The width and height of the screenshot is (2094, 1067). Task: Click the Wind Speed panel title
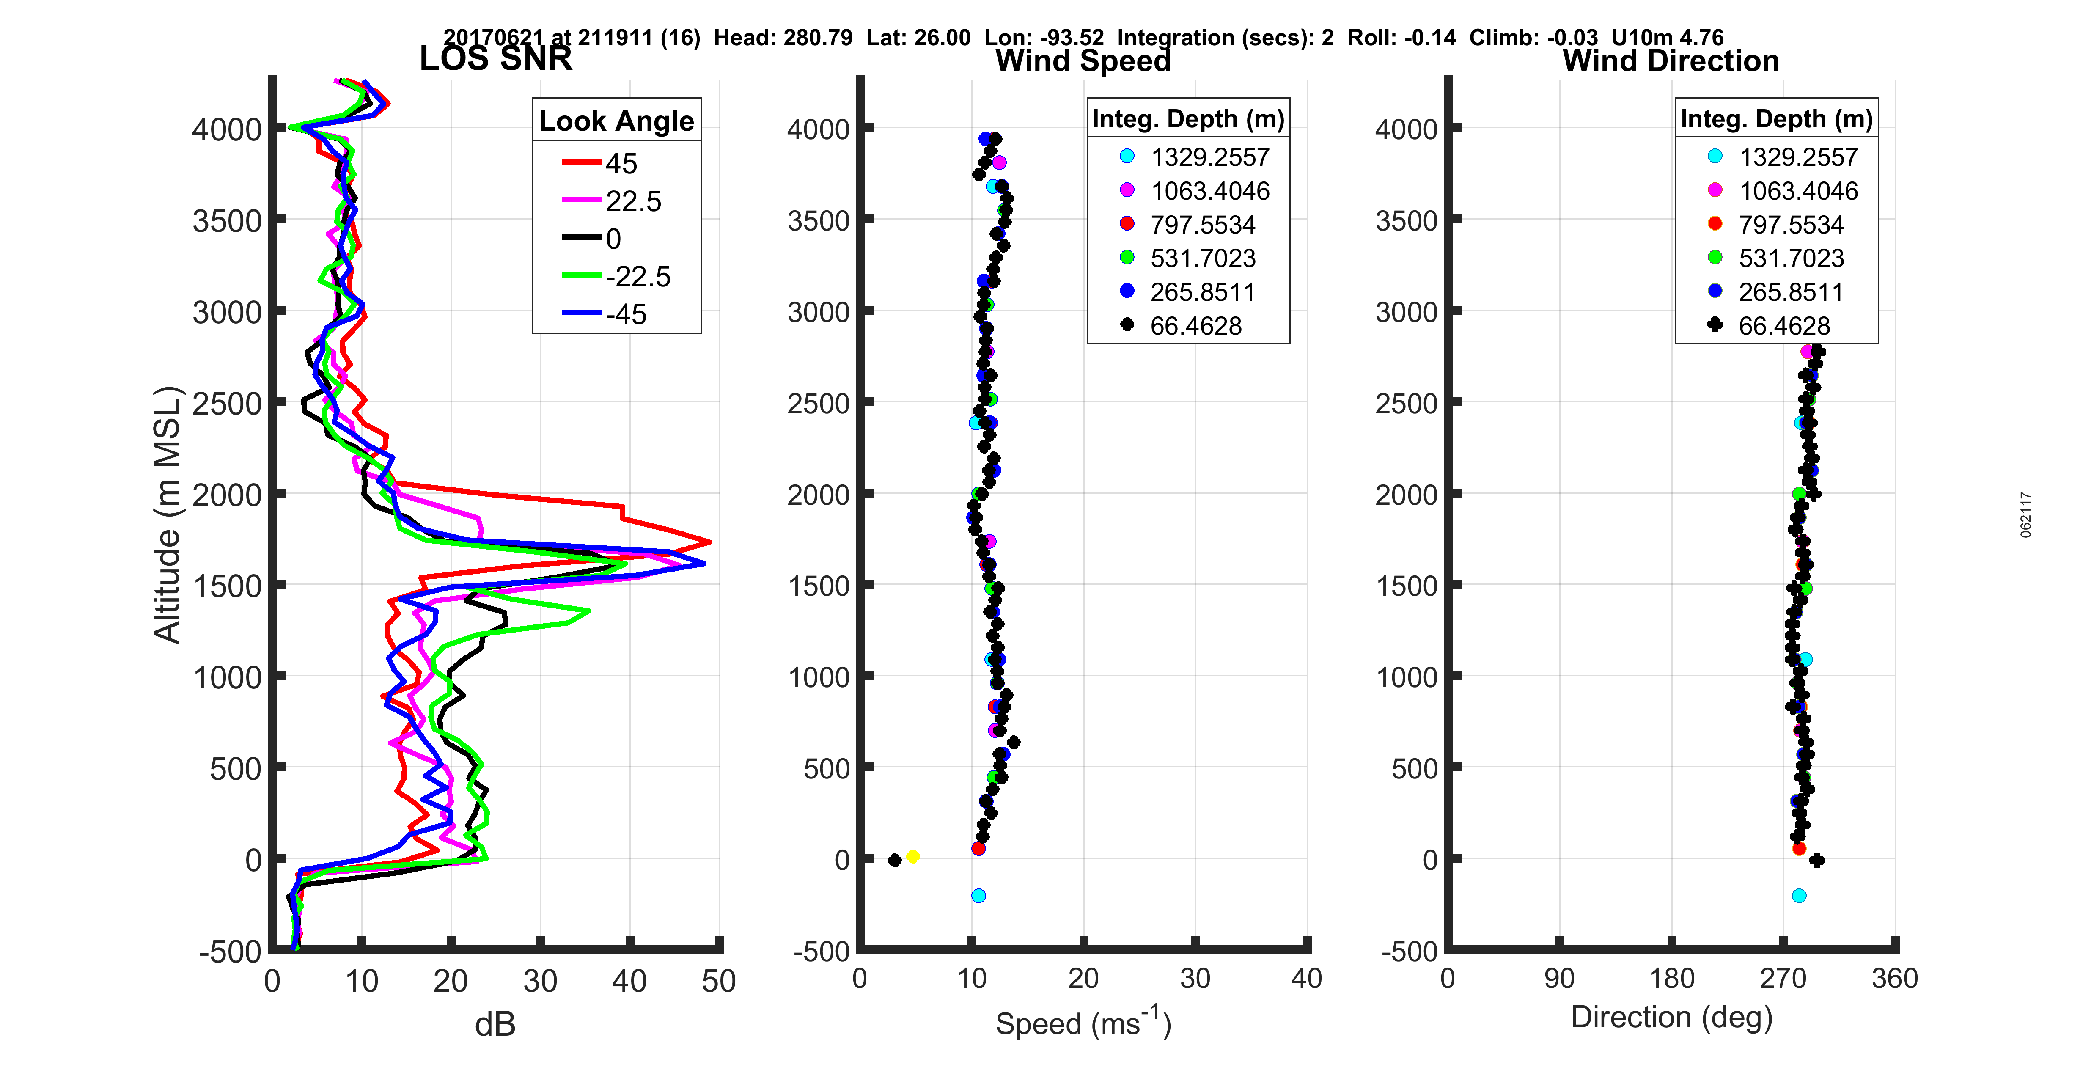(1083, 61)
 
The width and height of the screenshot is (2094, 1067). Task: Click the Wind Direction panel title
(1671, 61)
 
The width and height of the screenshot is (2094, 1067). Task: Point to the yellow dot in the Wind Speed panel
(913, 856)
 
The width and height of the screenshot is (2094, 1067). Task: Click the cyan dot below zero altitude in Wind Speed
(978, 895)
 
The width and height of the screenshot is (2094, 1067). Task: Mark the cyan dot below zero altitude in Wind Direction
(1799, 895)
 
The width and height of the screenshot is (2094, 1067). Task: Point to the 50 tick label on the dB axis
(719, 981)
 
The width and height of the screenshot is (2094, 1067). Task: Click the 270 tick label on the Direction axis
(1783, 978)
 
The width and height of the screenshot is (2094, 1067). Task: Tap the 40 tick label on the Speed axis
(1306, 978)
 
